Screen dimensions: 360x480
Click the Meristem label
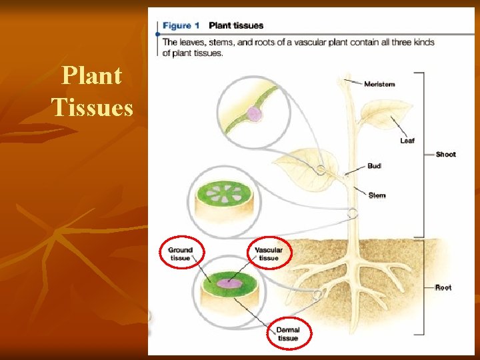tap(379, 84)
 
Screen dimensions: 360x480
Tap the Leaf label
tap(407, 141)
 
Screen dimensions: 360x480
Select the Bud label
tap(374, 166)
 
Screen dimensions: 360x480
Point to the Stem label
tap(377, 195)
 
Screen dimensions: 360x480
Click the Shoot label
tap(445, 155)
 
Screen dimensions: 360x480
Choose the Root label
tap(443, 287)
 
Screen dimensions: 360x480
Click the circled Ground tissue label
tap(180, 254)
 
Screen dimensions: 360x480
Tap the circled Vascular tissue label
tap(269, 254)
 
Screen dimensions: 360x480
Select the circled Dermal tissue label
tap(288, 334)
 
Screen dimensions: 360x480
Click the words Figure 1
tap(181, 26)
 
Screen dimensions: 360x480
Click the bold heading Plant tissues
tap(236, 26)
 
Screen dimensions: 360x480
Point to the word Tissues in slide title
tap(92, 107)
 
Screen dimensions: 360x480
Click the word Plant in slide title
tap(91, 77)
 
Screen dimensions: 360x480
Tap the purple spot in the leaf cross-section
tap(254, 114)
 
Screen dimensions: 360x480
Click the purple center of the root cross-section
tap(231, 282)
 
